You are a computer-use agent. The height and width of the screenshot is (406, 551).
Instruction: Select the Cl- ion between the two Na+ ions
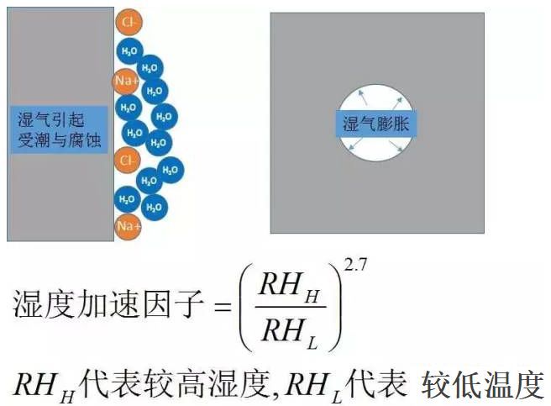click(x=127, y=159)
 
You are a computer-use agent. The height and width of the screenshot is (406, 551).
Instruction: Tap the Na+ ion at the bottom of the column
click(x=127, y=226)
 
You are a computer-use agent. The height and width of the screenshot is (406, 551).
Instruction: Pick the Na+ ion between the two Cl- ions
click(x=125, y=80)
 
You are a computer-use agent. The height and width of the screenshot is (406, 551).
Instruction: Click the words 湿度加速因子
click(x=109, y=307)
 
